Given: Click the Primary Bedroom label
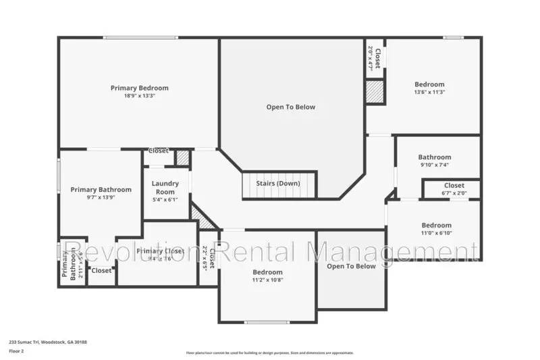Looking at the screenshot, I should [139, 88].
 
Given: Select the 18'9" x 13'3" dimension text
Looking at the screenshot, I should [139, 96].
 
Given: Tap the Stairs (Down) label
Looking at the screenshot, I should [278, 184].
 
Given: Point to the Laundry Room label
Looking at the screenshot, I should [165, 187].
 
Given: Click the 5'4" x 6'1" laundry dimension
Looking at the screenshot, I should [165, 199].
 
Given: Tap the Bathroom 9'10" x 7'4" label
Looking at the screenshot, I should [434, 161].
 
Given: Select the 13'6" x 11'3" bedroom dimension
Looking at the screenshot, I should [429, 92].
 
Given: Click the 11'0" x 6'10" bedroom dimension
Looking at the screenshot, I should [436, 233].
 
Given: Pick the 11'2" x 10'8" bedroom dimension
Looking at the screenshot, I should [267, 280].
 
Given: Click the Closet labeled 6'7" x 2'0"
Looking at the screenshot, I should [454, 189].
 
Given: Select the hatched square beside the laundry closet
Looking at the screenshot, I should [182, 158].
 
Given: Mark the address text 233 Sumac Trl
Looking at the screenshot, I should [48, 342].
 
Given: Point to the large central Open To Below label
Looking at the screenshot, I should [290, 107].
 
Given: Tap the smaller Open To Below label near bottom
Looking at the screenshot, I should [351, 266].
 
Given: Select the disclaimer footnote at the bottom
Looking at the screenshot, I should [270, 353].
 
